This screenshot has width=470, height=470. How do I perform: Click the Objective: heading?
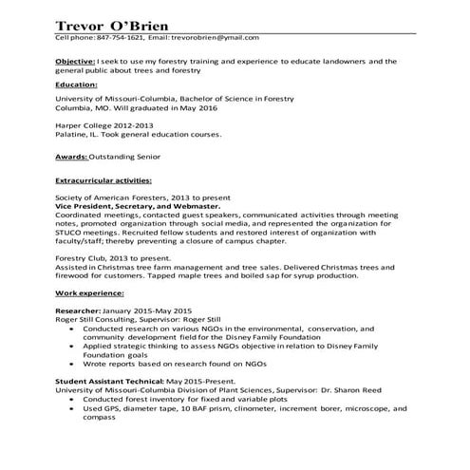(75, 61)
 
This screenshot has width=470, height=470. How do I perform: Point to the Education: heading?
(77, 84)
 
